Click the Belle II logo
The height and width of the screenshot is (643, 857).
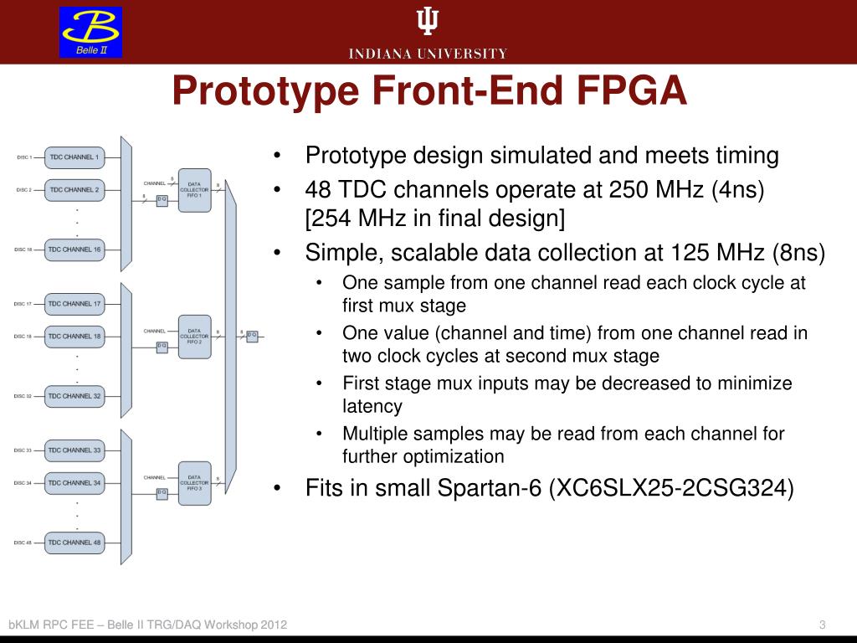point(90,33)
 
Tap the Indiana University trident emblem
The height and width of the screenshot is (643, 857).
point(428,22)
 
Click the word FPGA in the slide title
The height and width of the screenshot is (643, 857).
point(632,91)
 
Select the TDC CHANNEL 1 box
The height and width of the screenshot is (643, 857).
point(74,157)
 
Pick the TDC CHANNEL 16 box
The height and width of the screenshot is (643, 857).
point(74,249)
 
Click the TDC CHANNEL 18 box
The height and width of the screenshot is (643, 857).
point(74,337)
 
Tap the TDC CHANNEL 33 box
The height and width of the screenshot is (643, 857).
point(74,450)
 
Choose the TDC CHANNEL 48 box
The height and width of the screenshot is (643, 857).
point(74,543)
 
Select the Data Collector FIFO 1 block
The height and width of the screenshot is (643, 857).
point(194,190)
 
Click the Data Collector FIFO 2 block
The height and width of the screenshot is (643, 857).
point(194,337)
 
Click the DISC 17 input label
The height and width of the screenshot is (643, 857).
point(23,304)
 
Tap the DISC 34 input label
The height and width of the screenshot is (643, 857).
point(23,483)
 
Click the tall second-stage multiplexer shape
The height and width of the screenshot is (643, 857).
point(230,335)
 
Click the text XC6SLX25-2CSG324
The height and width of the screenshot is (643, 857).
point(670,488)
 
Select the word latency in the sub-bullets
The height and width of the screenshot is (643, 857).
point(372,407)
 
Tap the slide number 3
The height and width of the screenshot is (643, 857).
point(823,625)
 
